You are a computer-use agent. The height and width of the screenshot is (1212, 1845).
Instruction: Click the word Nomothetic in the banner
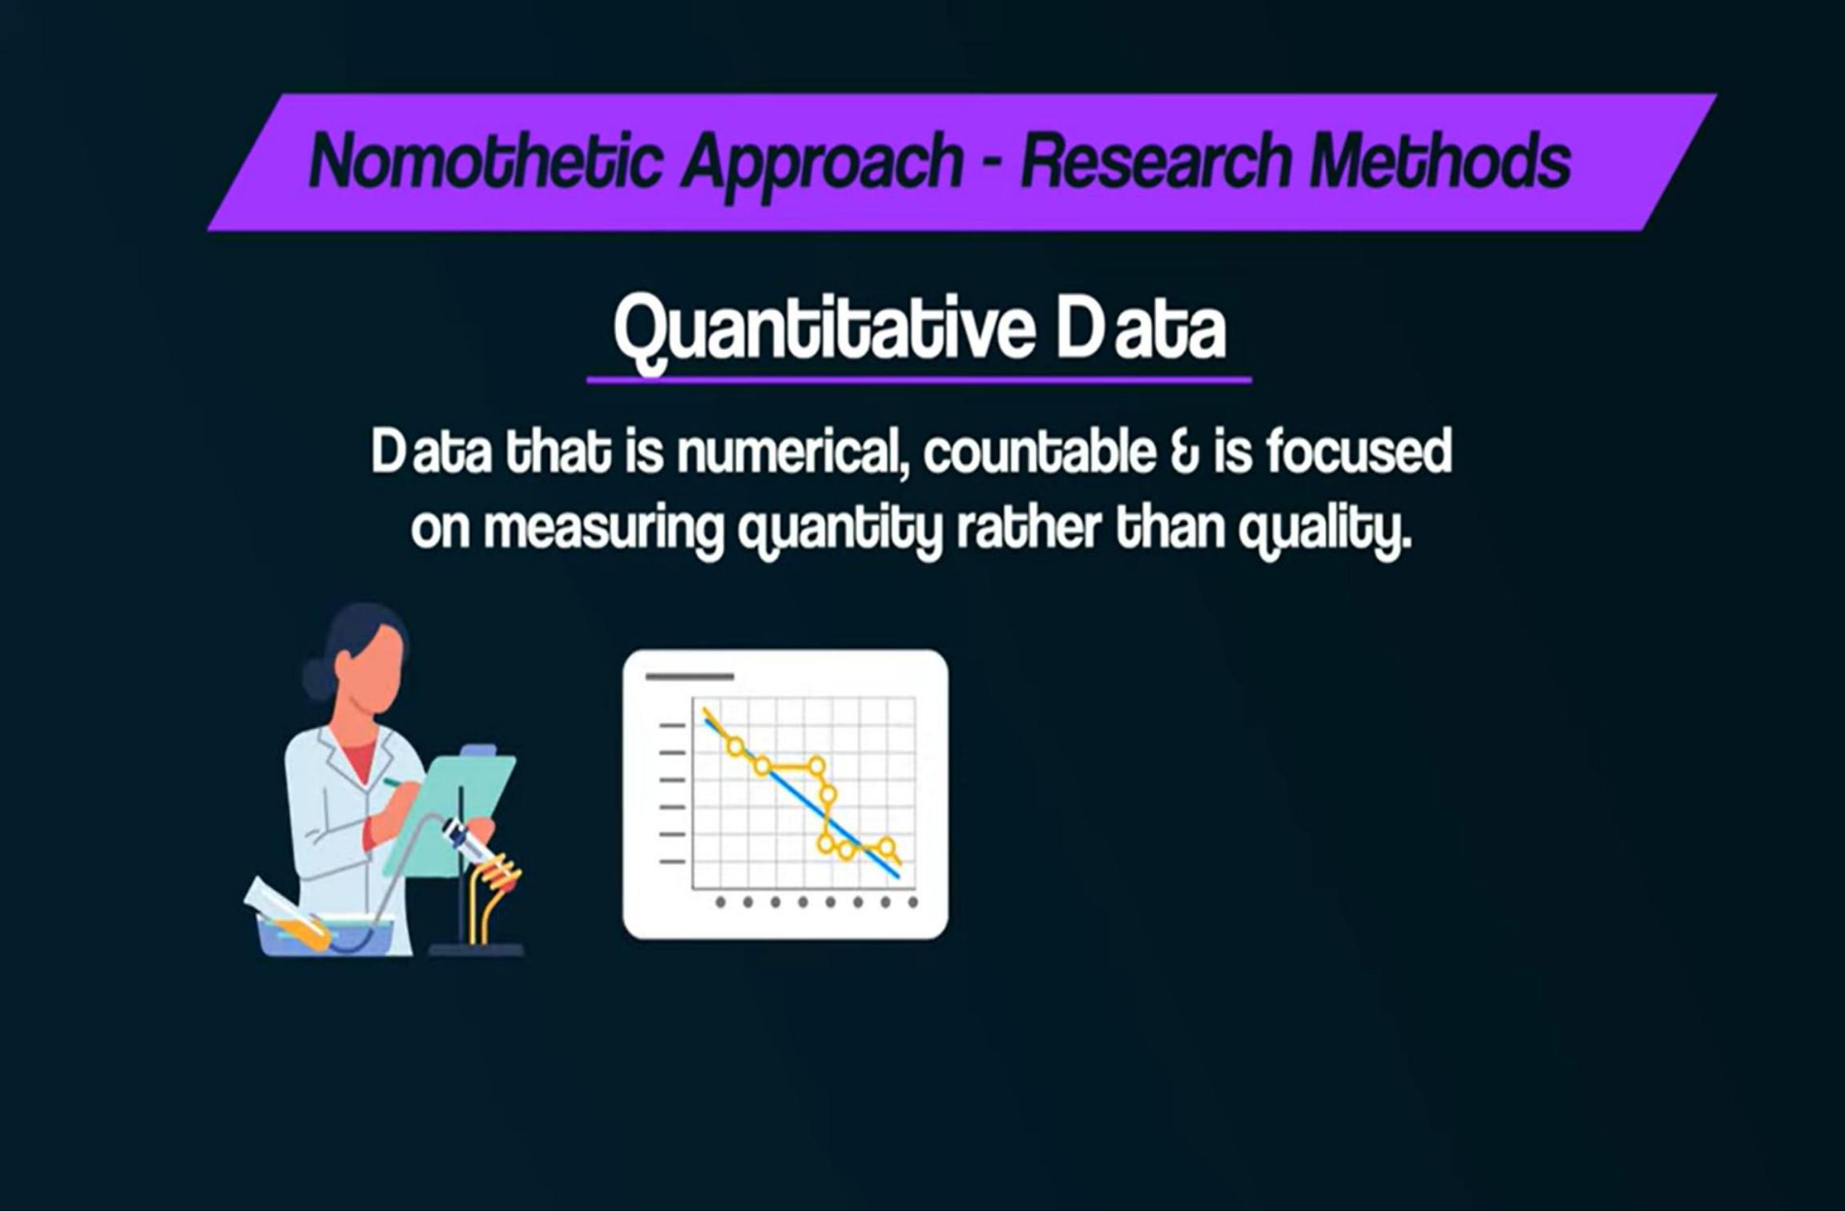click(x=485, y=159)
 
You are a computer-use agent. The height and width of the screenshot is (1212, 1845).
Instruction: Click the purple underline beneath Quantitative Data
click(x=919, y=380)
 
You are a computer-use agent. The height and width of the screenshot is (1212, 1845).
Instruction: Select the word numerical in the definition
click(x=792, y=453)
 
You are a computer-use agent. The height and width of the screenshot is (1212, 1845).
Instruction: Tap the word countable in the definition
click(x=1039, y=452)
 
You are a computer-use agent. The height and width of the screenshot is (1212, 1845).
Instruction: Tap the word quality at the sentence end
click(x=1323, y=532)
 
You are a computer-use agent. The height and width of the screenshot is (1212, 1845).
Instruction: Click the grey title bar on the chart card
click(x=690, y=677)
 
